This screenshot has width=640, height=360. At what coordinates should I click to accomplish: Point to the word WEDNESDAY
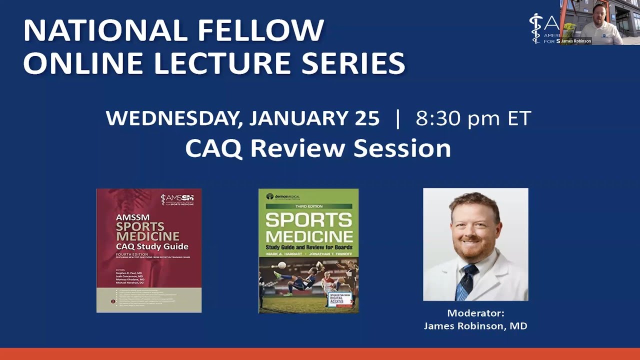click(x=174, y=118)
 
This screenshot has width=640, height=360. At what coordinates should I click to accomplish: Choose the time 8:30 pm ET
click(x=473, y=118)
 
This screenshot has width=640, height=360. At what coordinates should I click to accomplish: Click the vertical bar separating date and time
click(x=397, y=118)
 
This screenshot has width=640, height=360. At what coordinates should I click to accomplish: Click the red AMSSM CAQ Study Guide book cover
click(x=149, y=250)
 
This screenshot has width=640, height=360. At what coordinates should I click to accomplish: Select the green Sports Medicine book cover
click(x=308, y=250)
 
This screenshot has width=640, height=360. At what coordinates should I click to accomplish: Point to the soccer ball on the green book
click(x=282, y=265)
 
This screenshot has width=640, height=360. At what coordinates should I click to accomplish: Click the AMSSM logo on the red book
click(x=177, y=199)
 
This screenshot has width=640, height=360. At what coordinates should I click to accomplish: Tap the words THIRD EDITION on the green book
click(x=308, y=206)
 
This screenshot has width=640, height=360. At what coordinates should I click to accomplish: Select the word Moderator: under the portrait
click(x=475, y=313)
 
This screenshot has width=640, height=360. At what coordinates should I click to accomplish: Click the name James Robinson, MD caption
click(x=475, y=326)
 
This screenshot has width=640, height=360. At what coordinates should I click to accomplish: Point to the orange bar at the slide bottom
click(x=320, y=354)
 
